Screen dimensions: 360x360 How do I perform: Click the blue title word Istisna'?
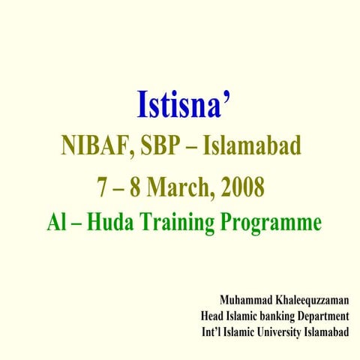pos(181,105)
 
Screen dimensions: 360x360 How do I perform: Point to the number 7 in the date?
pos(103,185)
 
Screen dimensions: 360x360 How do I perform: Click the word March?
pos(181,185)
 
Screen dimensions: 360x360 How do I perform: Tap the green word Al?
pos(56,223)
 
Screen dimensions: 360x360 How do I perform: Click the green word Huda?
pos(109,223)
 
